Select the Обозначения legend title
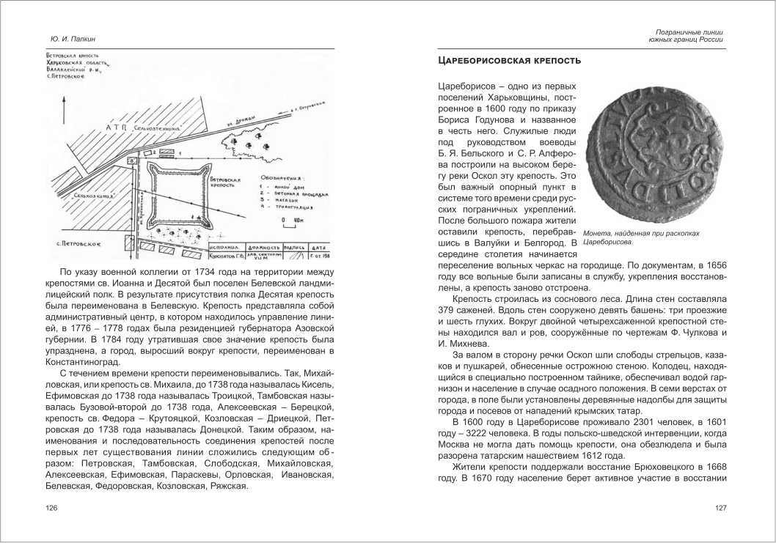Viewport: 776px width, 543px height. [284, 177]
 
